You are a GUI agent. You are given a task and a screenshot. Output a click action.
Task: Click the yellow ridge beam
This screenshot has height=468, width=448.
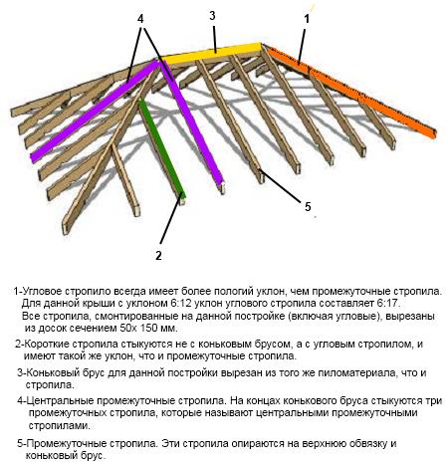tap(211, 54)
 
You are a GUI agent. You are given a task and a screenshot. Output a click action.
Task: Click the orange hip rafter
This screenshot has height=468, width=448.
tap(351, 93)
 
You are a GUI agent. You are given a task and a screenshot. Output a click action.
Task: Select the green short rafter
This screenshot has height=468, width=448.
tap(161, 148)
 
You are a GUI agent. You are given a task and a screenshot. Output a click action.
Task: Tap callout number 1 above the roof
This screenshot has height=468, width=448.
tap(307, 19)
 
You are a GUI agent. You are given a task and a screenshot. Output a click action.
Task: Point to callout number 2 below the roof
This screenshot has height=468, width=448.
tap(158, 255)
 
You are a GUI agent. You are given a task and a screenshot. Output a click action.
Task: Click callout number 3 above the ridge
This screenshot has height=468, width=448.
tap(212, 16)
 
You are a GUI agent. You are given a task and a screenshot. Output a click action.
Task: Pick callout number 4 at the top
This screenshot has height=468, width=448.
tap(140, 19)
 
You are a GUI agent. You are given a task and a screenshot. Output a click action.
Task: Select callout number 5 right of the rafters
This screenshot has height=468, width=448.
tap(308, 207)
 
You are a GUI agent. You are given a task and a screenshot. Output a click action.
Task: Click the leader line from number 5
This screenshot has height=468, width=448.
tap(281, 185)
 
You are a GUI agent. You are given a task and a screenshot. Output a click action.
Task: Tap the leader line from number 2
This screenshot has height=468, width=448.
tap(170, 220)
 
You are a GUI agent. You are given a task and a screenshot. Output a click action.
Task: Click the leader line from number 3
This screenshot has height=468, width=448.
tap(215, 38)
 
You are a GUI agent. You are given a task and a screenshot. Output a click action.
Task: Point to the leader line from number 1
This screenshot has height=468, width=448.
tap(302, 46)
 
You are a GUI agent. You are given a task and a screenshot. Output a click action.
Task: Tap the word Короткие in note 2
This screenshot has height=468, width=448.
tap(47, 344)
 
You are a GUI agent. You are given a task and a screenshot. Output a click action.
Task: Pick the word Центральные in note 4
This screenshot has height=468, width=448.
tap(60, 401)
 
